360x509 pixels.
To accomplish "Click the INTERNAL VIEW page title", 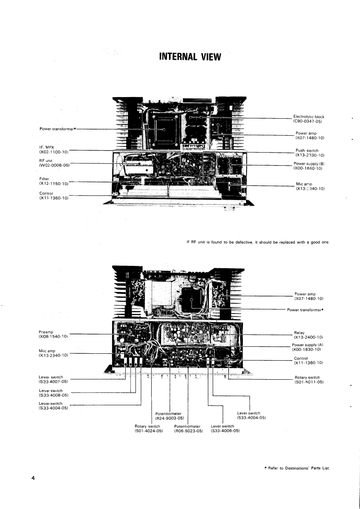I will pyautogui.click(x=190, y=57).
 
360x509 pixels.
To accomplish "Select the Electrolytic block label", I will pyautogui.click(x=309, y=117).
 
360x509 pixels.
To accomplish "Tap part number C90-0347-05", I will pyautogui.click(x=308, y=122).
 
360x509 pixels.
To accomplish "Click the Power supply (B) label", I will pyautogui.click(x=309, y=163).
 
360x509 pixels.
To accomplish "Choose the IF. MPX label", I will pyautogui.click(x=47, y=147).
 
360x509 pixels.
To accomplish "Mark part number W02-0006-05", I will pyautogui.click(x=54, y=165).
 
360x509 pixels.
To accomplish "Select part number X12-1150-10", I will pyautogui.click(x=54, y=184).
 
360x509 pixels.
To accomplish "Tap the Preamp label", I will pyautogui.click(x=47, y=332).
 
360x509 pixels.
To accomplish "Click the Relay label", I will pyautogui.click(x=300, y=332).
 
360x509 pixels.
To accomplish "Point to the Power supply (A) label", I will pyautogui.click(x=306, y=345).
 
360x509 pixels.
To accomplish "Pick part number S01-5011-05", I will pyautogui.click(x=309, y=382).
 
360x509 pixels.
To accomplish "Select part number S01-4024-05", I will pyautogui.click(x=149, y=431).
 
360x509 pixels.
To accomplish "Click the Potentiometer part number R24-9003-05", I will pyautogui.click(x=168, y=418).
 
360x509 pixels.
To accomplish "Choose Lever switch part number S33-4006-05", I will pyautogui.click(x=225, y=431).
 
